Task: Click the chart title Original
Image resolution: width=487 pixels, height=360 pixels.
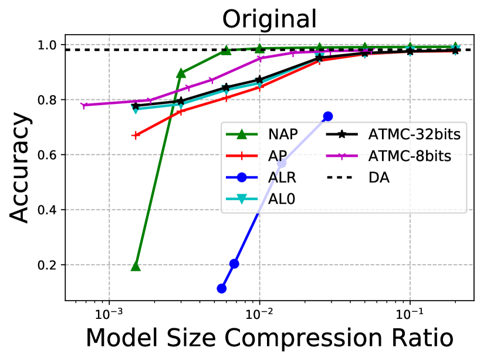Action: click(x=269, y=19)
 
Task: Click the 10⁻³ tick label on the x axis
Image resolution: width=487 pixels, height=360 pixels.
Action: click(x=109, y=311)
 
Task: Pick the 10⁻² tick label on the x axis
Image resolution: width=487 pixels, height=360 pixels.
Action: click(x=259, y=311)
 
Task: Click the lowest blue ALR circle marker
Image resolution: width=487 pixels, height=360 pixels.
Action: click(x=221, y=288)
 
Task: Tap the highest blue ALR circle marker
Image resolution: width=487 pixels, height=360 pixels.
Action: click(x=328, y=116)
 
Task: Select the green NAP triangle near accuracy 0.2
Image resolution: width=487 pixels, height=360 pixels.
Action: click(x=136, y=266)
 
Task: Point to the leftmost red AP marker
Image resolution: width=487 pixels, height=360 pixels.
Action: click(x=136, y=135)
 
